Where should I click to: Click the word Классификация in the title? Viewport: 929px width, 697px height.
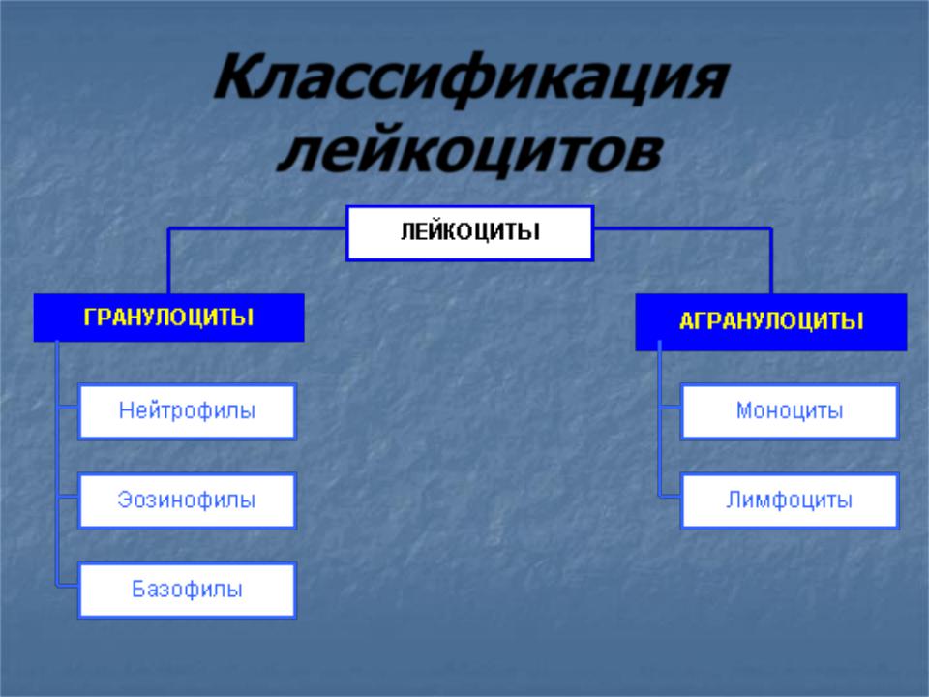(471, 78)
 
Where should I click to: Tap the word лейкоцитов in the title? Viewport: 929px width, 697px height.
(470, 149)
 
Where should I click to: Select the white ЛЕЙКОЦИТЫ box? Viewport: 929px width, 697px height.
(470, 233)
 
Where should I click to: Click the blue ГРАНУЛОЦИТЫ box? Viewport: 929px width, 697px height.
(168, 318)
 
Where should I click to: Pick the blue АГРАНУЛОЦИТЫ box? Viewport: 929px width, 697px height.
(771, 321)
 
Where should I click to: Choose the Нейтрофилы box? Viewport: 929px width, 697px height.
(187, 411)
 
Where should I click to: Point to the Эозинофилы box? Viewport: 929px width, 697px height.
(187, 500)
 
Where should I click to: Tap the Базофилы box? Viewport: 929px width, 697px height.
(187, 591)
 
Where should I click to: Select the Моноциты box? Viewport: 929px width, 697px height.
(790, 411)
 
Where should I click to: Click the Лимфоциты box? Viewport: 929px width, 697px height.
(790, 500)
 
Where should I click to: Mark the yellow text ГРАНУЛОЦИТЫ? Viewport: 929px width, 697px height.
(168, 318)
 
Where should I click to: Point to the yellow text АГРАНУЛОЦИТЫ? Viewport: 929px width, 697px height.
(771, 321)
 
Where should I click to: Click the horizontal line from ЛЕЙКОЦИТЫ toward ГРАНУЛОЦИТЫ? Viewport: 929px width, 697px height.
(257, 228)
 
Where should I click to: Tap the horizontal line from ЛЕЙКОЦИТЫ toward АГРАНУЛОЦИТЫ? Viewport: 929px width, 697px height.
(683, 228)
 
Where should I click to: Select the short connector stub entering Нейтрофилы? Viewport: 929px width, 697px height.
(67, 408)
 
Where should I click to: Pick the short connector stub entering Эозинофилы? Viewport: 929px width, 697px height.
(67, 496)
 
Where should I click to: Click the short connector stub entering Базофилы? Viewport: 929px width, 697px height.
(67, 586)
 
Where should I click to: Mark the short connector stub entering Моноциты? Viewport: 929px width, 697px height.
(670, 408)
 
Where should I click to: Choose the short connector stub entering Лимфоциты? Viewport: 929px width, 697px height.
(670, 496)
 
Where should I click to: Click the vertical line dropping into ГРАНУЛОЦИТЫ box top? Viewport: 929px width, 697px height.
(168, 260)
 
